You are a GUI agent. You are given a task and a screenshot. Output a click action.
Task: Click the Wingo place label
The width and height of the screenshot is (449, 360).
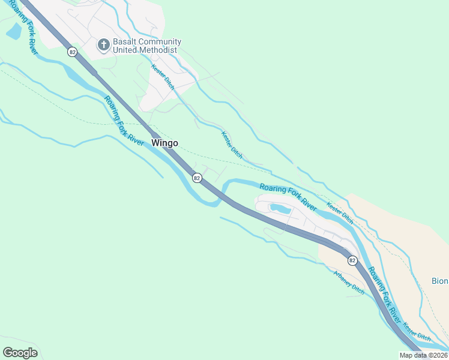(164, 143)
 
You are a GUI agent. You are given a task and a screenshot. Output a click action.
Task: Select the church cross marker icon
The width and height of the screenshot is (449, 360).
(103, 44)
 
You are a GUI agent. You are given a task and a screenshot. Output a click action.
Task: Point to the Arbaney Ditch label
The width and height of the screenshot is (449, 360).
(349, 282)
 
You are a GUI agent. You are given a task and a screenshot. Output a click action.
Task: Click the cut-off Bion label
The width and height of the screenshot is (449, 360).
(440, 281)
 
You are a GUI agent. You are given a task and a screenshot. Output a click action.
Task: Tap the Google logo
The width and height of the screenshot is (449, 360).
(20, 352)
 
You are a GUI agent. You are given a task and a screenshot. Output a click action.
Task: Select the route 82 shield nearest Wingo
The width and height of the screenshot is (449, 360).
(196, 178)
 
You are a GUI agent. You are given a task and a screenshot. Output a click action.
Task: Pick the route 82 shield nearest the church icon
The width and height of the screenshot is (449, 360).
(73, 52)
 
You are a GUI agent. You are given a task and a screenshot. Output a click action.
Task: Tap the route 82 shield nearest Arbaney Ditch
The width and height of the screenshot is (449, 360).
(352, 260)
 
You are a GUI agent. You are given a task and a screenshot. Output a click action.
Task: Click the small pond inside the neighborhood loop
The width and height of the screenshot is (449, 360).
(280, 209)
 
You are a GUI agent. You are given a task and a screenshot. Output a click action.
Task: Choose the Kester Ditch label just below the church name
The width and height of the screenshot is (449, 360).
(163, 77)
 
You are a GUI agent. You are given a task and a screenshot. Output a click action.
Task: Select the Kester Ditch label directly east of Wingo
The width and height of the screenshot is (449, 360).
(232, 145)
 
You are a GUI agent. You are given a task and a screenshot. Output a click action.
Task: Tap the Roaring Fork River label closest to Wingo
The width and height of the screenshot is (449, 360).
(124, 121)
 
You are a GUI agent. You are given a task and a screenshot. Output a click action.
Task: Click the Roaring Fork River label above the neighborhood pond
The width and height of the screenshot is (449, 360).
(288, 196)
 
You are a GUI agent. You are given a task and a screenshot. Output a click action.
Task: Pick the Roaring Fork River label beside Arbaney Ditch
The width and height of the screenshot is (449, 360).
(384, 293)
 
